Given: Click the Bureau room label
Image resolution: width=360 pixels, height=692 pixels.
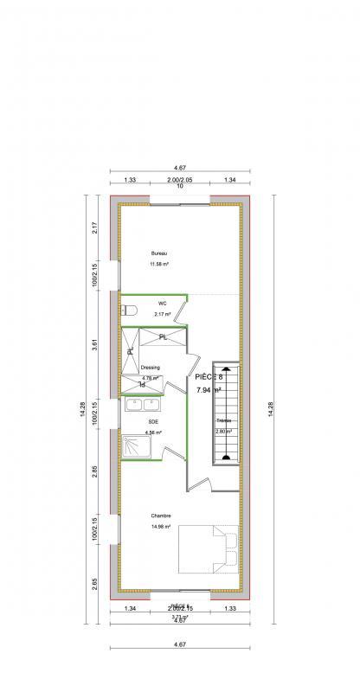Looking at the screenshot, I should click(158, 253).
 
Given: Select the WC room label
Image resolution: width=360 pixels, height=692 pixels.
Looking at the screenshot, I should click(162, 304).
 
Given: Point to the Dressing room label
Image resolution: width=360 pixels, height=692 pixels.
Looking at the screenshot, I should click(151, 368).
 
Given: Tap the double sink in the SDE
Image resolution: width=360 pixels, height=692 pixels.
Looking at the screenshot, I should click(142, 404).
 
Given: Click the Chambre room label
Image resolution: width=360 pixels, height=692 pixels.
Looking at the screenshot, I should click(159, 516).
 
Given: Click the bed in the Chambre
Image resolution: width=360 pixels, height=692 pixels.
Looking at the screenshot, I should click(209, 548).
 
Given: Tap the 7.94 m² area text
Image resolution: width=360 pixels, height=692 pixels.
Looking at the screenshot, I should click(209, 391).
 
